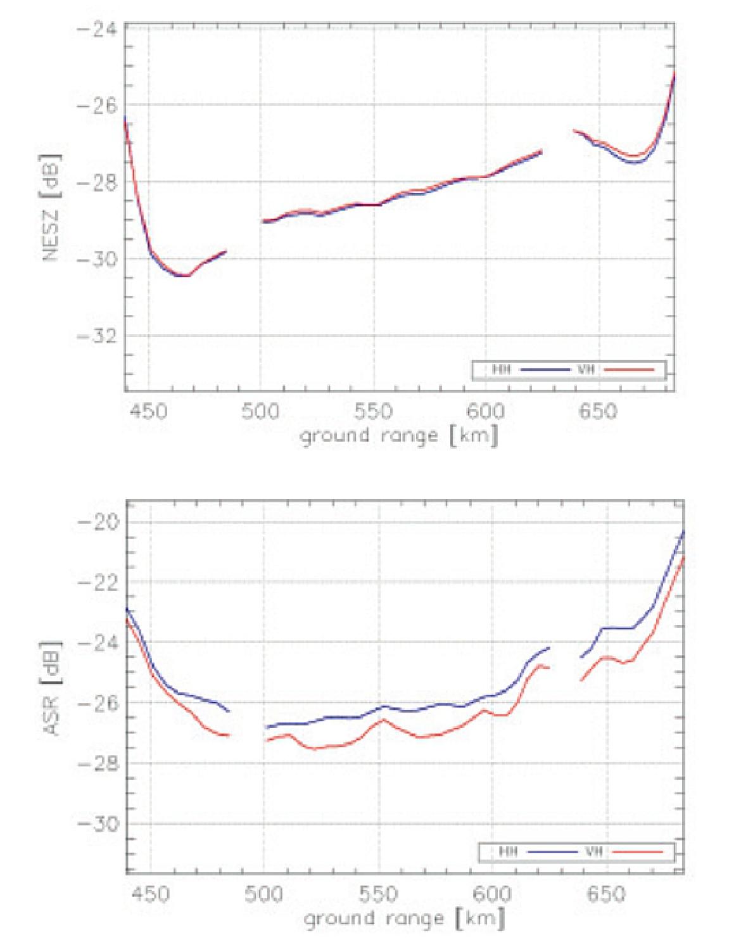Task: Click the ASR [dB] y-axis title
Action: click(53, 686)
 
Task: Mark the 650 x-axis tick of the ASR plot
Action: click(607, 894)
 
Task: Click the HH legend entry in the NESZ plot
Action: click(502, 369)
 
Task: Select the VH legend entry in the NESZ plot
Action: click(586, 369)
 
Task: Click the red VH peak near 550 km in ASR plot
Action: click(383, 720)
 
